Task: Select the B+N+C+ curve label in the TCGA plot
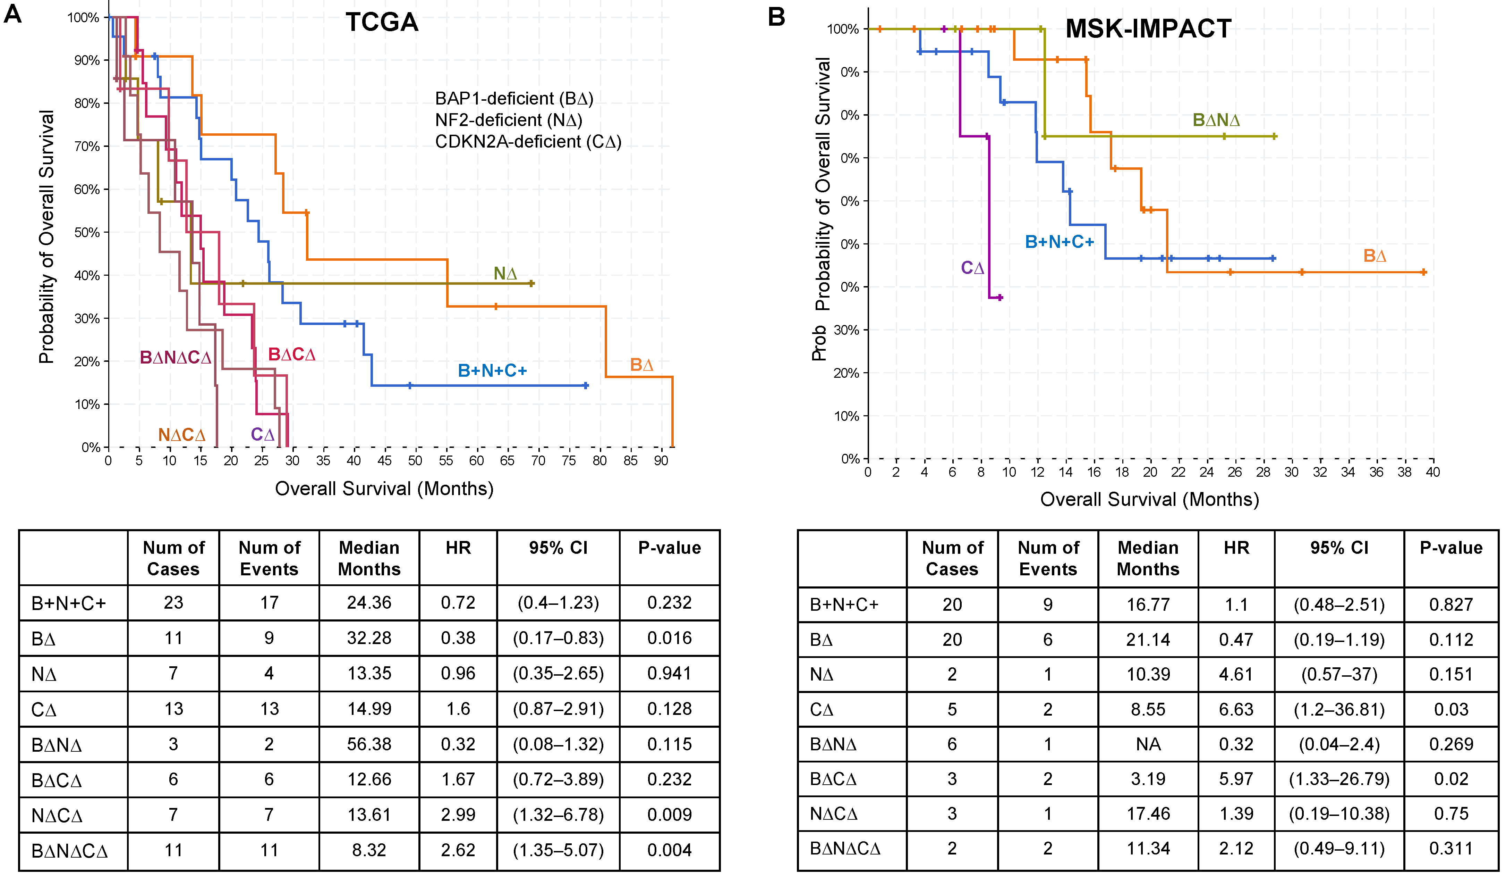pyautogui.click(x=492, y=371)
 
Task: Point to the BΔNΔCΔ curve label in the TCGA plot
pyautogui.click(x=175, y=358)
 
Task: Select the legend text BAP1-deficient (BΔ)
pyautogui.click(x=514, y=99)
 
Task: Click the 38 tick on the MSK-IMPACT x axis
pyautogui.click(x=1404, y=472)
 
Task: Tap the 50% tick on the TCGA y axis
pyautogui.click(x=87, y=233)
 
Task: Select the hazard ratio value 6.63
pyautogui.click(x=1236, y=709)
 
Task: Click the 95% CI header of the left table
pyautogui.click(x=558, y=548)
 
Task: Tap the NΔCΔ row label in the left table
pyautogui.click(x=57, y=815)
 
